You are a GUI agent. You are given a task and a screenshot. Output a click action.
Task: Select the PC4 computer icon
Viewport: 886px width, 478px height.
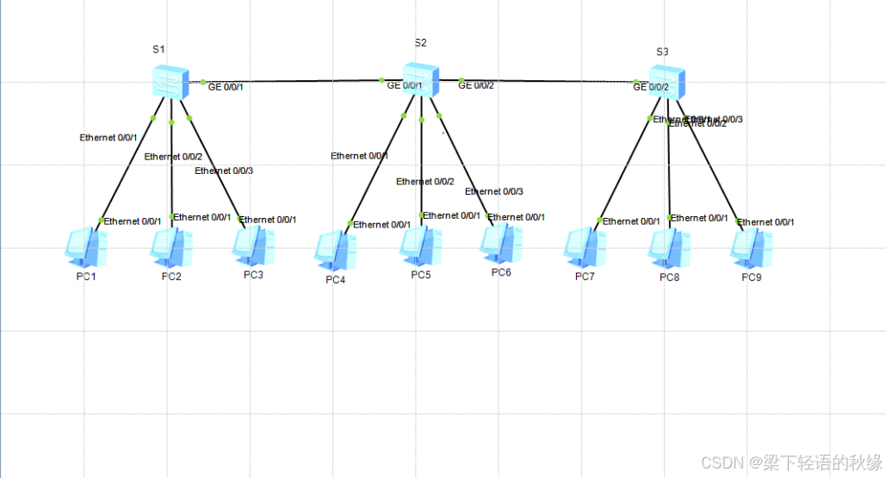coord(336,250)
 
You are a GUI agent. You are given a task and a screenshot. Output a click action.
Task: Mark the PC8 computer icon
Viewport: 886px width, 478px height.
coord(669,246)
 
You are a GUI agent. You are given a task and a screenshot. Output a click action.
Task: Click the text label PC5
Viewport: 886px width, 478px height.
coord(420,276)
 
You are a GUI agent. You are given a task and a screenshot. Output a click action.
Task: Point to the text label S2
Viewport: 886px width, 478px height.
coord(420,42)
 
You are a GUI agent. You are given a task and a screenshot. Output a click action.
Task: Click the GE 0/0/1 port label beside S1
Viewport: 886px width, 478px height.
coord(226,86)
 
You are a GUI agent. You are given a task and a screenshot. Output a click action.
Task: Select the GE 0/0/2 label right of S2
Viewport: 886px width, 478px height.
coord(476,84)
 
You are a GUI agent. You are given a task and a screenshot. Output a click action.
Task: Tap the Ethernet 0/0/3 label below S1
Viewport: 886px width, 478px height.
coord(224,171)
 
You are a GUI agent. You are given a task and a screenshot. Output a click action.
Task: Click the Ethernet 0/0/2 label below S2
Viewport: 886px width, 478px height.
coord(424,182)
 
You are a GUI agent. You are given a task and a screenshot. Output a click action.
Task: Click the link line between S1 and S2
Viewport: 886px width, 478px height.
coord(293,82)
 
